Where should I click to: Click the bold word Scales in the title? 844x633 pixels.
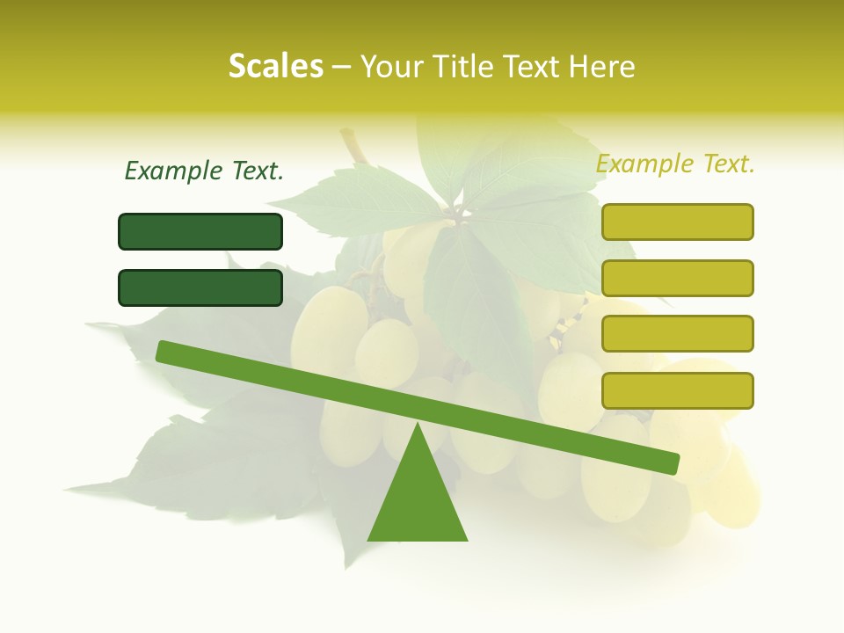coord(275,67)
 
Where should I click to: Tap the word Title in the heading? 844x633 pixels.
coord(469,67)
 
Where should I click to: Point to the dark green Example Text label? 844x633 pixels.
coord(204,171)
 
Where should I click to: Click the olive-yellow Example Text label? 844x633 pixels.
coord(675,164)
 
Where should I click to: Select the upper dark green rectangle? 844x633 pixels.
coord(200,232)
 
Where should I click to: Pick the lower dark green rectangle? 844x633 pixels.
coord(200,287)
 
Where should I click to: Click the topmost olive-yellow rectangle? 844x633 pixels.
coord(677,222)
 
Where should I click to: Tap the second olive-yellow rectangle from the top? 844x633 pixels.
coord(677,278)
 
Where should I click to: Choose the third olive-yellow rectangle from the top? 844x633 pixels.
coord(677,334)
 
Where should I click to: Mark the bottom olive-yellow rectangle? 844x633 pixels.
coord(677,390)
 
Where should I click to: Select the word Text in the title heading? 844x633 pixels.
coord(539,67)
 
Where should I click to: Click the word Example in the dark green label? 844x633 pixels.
coord(174,171)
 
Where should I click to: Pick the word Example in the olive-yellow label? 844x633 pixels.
coord(645,164)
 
